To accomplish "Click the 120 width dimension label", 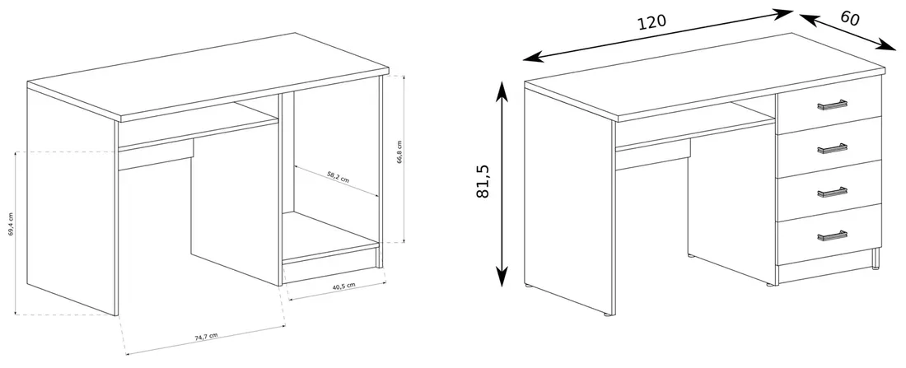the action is (x=651, y=22).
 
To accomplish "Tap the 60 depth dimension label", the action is (x=850, y=18).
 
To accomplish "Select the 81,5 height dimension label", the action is (x=483, y=181).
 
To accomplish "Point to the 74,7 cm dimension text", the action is (x=206, y=336).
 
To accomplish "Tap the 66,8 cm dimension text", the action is (x=399, y=152).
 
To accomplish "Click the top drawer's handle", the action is (x=832, y=105).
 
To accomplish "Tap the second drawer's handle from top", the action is (x=832, y=148).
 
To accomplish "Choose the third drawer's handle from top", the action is (x=832, y=192).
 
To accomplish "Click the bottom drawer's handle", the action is (x=832, y=235).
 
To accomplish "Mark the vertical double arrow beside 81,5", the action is (x=502, y=184).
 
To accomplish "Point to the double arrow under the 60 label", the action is (x=848, y=32).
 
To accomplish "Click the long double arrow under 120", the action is (x=657, y=35).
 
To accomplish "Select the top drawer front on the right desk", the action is (x=829, y=105).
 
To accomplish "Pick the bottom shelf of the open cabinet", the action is (x=329, y=237).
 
